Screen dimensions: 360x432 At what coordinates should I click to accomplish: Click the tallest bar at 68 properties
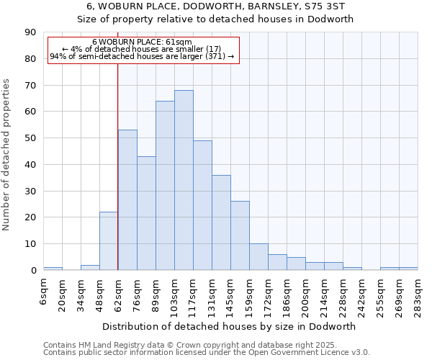click(184, 180)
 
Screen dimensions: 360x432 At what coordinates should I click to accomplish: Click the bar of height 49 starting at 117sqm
click(202, 205)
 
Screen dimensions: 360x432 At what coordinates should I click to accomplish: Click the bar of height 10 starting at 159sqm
click(258, 257)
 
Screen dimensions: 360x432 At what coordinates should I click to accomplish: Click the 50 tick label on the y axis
click(30, 138)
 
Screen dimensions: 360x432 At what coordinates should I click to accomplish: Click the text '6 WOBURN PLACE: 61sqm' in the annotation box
click(142, 42)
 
